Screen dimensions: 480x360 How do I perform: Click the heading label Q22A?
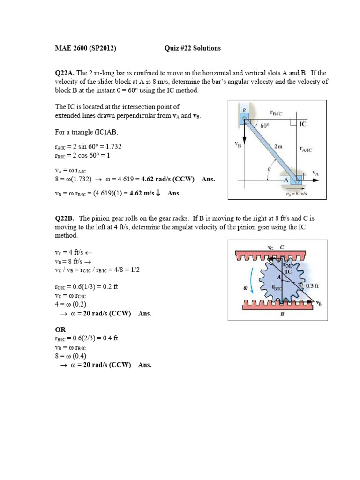(65, 73)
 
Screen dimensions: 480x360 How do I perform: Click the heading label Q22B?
(65, 218)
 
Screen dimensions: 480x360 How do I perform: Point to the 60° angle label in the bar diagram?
(266, 126)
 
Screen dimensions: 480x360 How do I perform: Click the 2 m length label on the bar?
(279, 146)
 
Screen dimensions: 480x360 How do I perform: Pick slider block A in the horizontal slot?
(298, 179)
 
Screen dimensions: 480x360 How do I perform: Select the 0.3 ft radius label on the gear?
(313, 285)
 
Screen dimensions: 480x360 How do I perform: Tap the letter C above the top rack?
(282, 247)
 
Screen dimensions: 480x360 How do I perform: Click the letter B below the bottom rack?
(282, 315)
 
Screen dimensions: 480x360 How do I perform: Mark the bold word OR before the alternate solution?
(61, 330)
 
